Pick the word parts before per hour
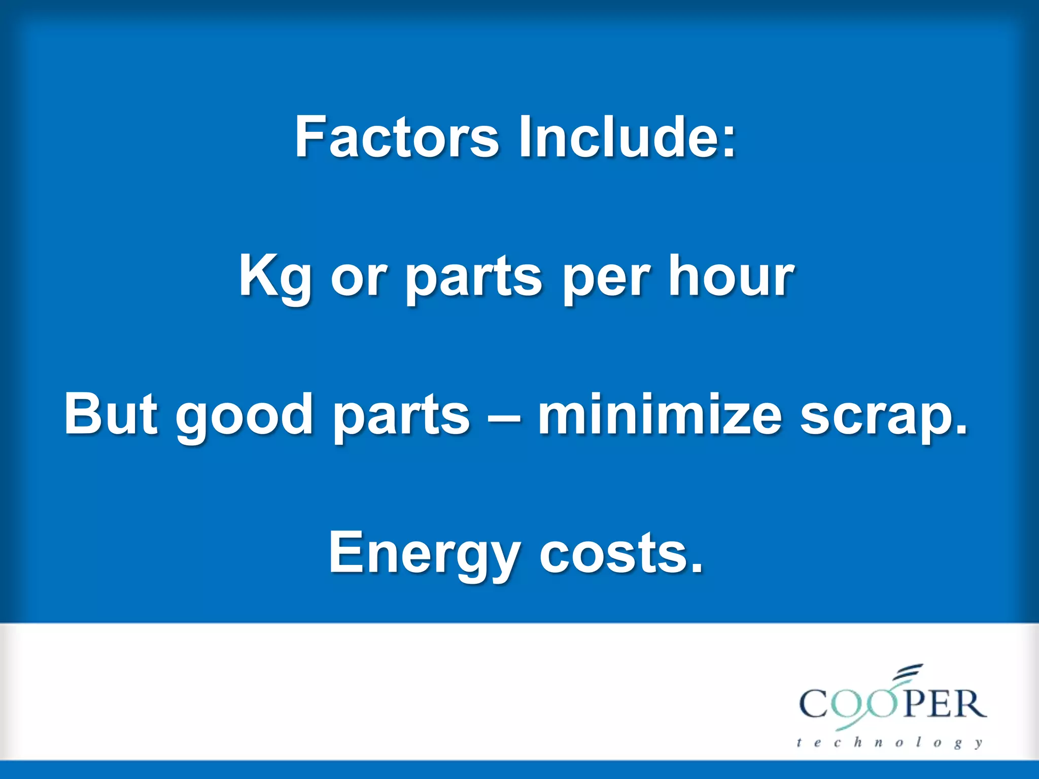tap(474, 279)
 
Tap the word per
tap(607, 281)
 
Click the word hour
tap(731, 276)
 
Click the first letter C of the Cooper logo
tap(815, 704)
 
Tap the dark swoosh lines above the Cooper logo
tap(908, 671)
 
